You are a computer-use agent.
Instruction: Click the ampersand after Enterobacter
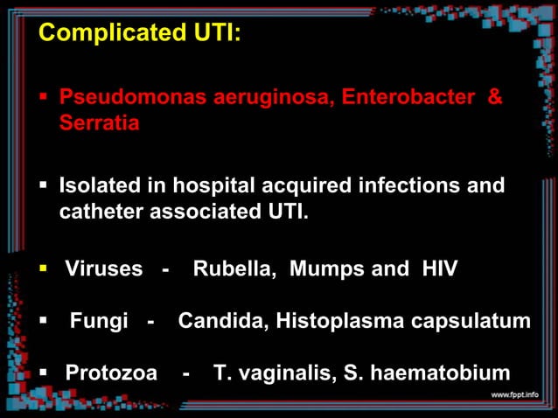494,97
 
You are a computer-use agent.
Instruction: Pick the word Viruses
104,268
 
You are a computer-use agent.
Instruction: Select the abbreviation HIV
437,268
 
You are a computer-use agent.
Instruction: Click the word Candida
222,321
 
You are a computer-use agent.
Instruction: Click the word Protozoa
111,374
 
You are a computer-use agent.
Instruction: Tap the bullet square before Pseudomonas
43,97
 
